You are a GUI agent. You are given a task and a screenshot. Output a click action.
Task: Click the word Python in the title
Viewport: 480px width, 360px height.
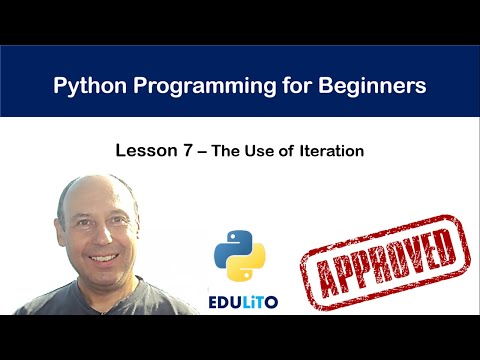(87, 86)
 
